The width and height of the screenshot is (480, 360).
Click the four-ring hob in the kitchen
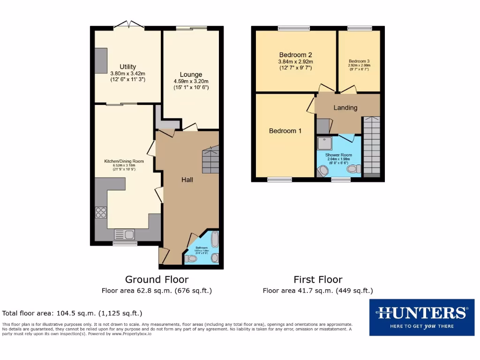click(101, 212)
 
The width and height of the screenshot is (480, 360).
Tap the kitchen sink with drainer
click(125, 234)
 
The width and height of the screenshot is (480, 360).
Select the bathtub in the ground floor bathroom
click(215, 239)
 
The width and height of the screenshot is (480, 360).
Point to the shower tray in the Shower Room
click(324, 143)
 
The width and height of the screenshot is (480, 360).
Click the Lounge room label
click(191, 75)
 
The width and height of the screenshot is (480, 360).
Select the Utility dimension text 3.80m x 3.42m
click(127, 74)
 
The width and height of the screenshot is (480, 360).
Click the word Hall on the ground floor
click(187, 180)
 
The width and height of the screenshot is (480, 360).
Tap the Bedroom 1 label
click(285, 131)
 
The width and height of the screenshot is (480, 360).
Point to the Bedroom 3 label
click(359, 61)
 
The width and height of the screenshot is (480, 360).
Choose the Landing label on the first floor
click(345, 108)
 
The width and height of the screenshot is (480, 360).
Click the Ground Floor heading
click(157, 280)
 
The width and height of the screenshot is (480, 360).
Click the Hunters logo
click(421, 317)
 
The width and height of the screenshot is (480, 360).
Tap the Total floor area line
click(72, 313)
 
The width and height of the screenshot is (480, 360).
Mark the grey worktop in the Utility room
click(101, 60)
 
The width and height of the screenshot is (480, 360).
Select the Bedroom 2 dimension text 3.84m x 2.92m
click(296, 61)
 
